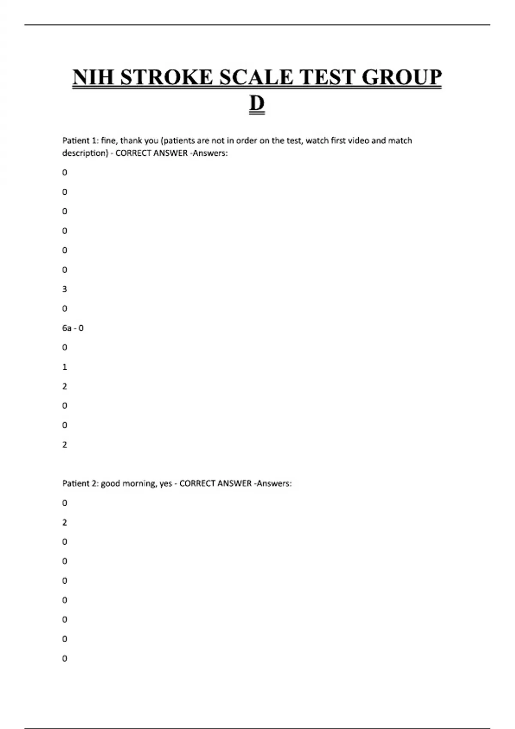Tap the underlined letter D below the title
tap(257, 104)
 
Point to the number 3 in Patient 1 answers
tap(65, 289)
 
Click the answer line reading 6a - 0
tap(73, 328)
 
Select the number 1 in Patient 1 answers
tap(65, 367)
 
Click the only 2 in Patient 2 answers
tap(65, 522)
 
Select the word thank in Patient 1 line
tap(131, 141)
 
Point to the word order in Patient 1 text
tap(246, 141)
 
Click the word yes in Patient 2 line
tap(166, 484)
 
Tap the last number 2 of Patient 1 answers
tap(65, 445)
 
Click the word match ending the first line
tap(400, 141)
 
